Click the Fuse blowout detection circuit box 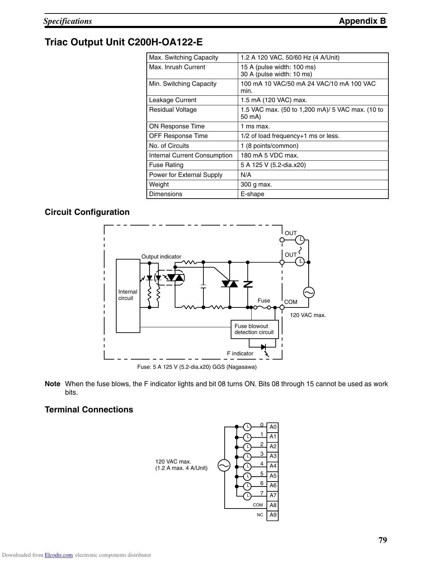[254, 329]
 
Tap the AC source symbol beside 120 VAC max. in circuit [308, 293]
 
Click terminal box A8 [273, 505]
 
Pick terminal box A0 [273, 427]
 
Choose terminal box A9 [273, 515]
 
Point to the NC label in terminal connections [260, 515]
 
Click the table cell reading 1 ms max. [255, 127]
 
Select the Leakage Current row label [173, 100]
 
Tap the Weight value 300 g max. [256, 184]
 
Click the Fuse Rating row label [166, 165]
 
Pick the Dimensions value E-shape [252, 194]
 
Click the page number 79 [383, 540]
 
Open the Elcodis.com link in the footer [59, 555]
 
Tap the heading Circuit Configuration [87, 212]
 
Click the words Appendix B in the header [362, 21]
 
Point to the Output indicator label [161, 257]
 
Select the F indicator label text [240, 354]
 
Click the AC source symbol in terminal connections [224, 465]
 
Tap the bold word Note [52, 384]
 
